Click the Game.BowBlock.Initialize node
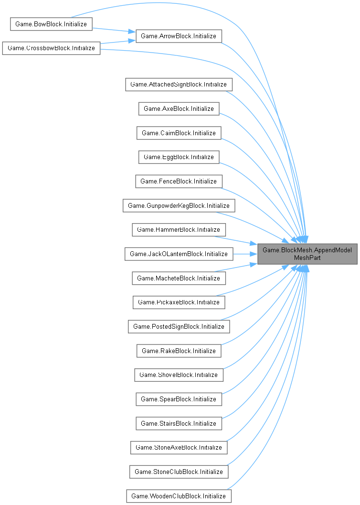coord(51,24)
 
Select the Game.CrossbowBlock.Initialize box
coord(51,49)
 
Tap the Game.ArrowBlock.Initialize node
coord(179,36)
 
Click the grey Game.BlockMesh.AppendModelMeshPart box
coord(307,254)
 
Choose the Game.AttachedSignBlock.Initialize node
coord(179,85)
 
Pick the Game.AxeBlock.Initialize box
coord(179,109)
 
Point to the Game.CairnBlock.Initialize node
coord(179,133)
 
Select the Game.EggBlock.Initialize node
coord(179,157)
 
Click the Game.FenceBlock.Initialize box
coord(179,182)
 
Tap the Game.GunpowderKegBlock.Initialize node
coord(179,205)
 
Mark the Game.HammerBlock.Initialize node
coord(179,230)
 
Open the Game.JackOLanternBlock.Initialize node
coord(179,254)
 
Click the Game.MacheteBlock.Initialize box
coord(179,278)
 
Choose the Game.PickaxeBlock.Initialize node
coord(179,302)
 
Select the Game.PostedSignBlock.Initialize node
coord(179,326)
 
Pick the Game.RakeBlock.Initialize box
coord(179,351)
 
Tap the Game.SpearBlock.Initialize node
coord(179,399)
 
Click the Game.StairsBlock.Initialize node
coord(179,423)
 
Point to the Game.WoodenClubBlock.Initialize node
coord(179,496)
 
